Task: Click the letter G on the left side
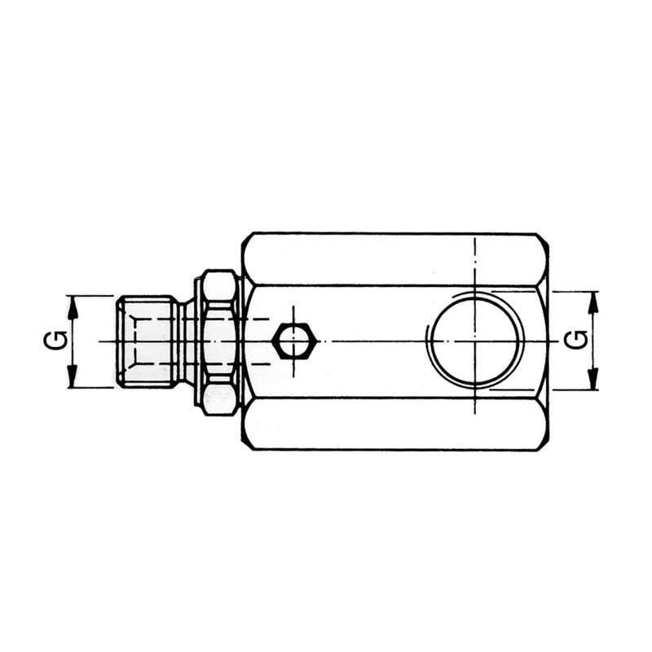pos(51,341)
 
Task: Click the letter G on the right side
pos(576,340)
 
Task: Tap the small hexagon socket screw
pos(294,341)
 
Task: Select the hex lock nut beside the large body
pos(218,341)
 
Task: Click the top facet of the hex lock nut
pos(218,285)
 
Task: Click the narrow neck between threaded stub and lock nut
pos(188,341)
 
